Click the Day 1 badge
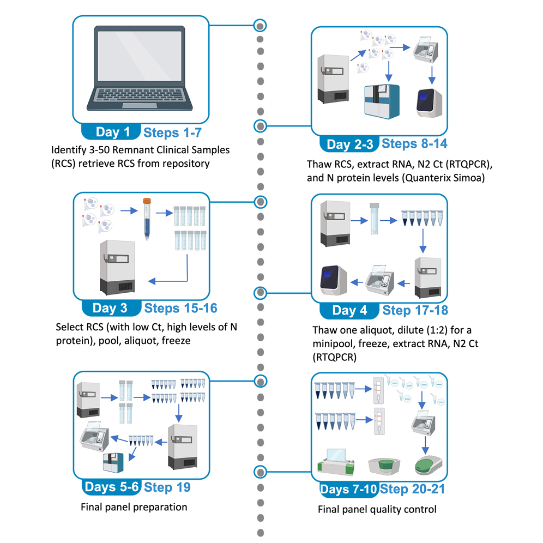(x=112, y=132)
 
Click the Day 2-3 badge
(x=349, y=144)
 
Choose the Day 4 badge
(x=349, y=311)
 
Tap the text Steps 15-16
(x=180, y=308)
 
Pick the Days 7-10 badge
(x=348, y=490)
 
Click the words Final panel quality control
(x=377, y=510)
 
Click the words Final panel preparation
(x=134, y=507)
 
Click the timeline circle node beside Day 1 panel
(x=261, y=25)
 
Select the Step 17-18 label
(x=415, y=310)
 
